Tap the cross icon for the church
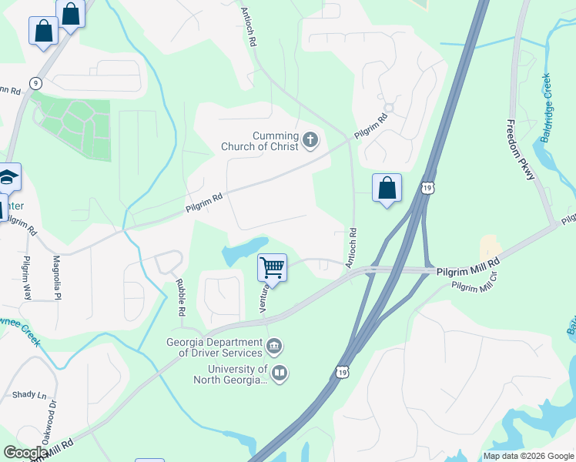[310, 140]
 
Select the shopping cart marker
[273, 268]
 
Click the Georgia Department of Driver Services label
[213, 347]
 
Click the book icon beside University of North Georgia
[280, 373]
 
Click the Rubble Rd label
[180, 296]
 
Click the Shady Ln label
[28, 394]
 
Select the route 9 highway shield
[35, 82]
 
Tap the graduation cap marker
[8, 179]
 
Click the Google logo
[26, 452]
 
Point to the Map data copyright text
[528, 456]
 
